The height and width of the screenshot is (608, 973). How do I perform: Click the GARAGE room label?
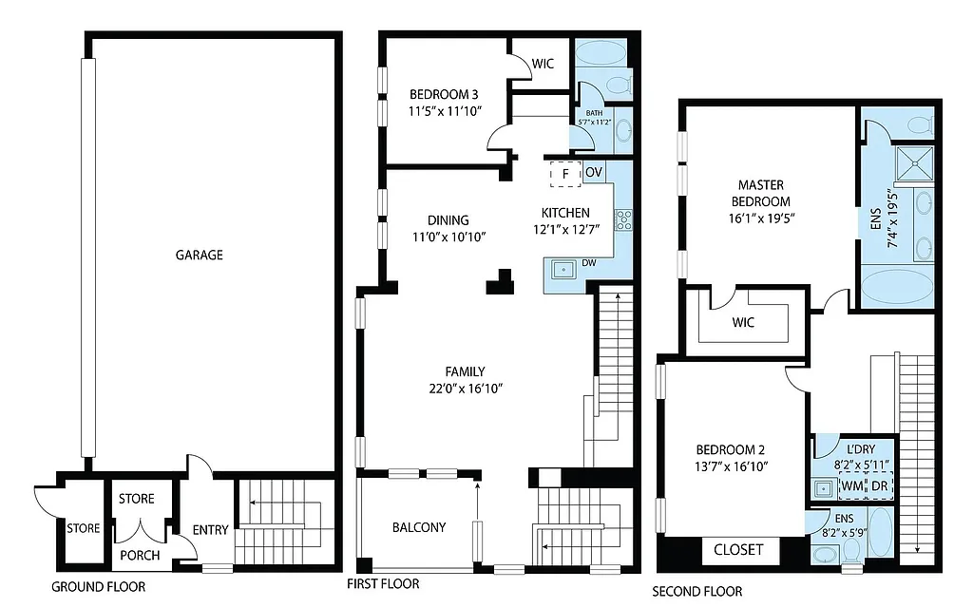click(x=200, y=255)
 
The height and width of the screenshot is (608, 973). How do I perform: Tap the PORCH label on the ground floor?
click(x=140, y=556)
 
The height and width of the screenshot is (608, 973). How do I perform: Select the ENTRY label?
click(x=210, y=530)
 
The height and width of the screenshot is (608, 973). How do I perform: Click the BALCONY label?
click(x=419, y=527)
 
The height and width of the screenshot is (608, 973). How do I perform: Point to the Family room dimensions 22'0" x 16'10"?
click(x=466, y=388)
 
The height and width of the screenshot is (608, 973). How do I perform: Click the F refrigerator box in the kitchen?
click(x=565, y=174)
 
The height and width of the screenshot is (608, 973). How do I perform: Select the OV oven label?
click(x=594, y=173)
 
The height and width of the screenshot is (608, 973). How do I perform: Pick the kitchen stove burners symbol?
click(x=625, y=221)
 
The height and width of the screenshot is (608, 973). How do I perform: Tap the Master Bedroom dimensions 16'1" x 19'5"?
click(x=760, y=218)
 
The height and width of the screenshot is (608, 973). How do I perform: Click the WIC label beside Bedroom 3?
click(x=544, y=65)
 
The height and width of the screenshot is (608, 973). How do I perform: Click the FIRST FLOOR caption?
click(x=383, y=583)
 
